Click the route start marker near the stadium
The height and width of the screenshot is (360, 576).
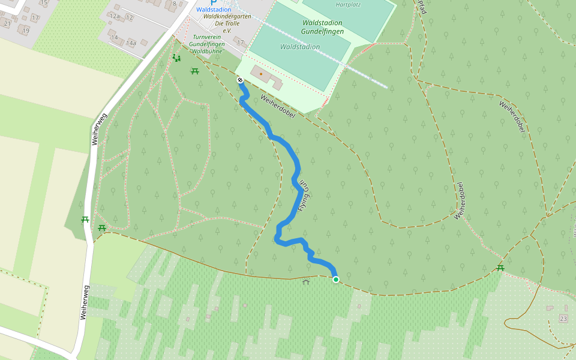[x=240, y=80]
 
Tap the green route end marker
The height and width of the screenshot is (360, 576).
[x=336, y=279]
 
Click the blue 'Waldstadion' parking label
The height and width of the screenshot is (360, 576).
[x=214, y=10]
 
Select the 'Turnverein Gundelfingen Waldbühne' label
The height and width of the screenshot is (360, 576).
[x=206, y=44]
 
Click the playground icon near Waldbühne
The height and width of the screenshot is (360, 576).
[x=176, y=58]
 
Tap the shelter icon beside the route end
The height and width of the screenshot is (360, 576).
[x=306, y=281]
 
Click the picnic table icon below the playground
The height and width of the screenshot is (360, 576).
[x=195, y=71]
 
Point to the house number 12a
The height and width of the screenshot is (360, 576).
[x=115, y=16]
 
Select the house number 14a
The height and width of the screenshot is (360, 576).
[x=131, y=43]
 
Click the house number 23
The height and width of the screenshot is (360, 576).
[x=563, y=317]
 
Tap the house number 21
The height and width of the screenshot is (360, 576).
[x=7, y=23]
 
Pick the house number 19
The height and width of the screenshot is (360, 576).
[x=25, y=30]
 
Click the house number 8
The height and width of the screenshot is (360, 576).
[x=175, y=4]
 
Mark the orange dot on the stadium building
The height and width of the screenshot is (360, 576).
[x=261, y=74]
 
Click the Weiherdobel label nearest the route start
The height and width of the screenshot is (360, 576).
[x=278, y=106]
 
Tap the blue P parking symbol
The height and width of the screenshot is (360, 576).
[x=213, y=2]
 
